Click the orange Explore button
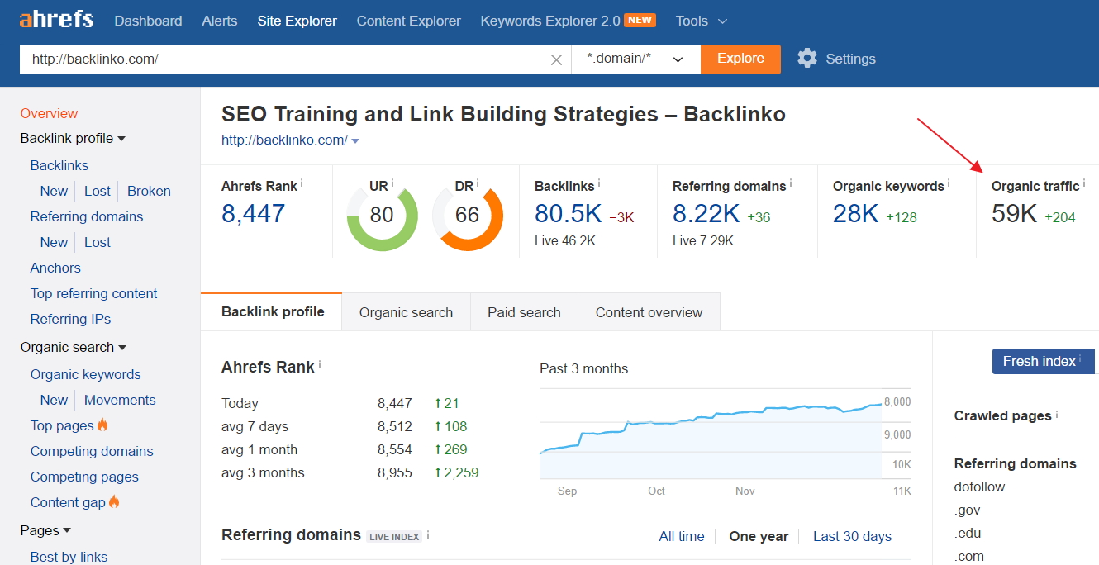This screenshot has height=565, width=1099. tap(740, 59)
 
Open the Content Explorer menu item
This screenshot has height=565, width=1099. tap(408, 21)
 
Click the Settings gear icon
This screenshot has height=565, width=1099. tap(807, 58)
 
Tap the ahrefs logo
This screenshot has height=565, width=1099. tap(56, 19)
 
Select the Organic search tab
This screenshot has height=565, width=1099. tap(406, 312)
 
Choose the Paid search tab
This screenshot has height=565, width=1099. tap(524, 312)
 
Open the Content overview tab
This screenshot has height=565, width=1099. tap(649, 312)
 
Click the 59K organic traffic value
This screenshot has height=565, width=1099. tap(1014, 214)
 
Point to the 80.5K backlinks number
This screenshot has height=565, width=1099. tap(568, 214)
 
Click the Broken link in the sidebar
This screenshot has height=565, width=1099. tap(149, 191)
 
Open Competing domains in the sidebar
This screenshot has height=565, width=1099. tap(92, 451)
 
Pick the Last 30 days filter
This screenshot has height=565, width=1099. tap(852, 536)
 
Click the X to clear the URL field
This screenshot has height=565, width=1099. tap(556, 59)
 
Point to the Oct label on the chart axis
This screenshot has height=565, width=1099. tap(656, 491)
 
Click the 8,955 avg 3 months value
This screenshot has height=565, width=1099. tap(394, 472)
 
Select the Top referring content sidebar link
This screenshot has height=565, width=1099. tap(93, 293)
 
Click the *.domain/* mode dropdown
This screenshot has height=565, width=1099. tap(635, 59)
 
